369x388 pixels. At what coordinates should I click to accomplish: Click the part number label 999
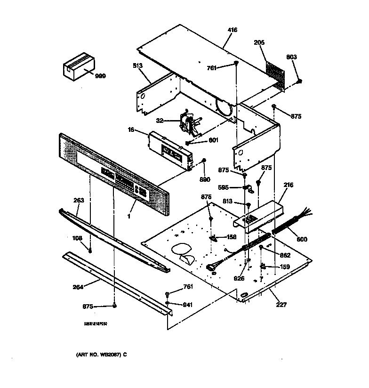point(100,76)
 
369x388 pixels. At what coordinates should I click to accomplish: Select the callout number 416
point(232,30)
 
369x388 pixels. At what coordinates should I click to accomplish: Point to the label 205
point(259,42)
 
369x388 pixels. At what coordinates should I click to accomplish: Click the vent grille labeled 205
point(275,73)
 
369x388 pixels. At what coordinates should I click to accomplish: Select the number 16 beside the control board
point(131,129)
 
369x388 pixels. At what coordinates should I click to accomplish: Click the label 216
point(288,185)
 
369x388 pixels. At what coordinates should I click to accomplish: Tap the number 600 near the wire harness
point(302,239)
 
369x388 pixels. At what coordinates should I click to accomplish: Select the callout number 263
point(79,200)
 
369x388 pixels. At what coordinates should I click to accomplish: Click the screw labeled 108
point(90,249)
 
